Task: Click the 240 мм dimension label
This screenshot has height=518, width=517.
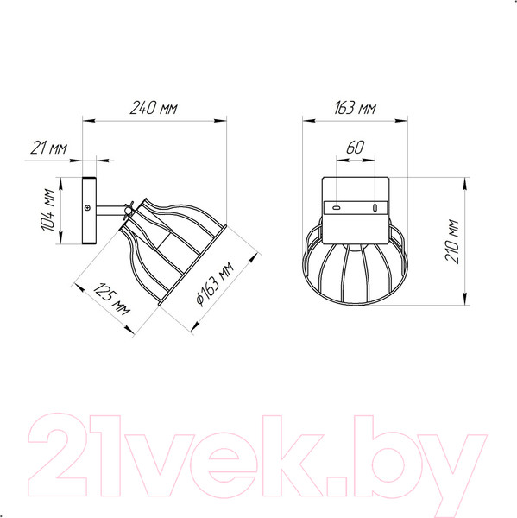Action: click(x=154, y=108)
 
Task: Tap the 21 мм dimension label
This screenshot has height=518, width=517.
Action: click(x=49, y=148)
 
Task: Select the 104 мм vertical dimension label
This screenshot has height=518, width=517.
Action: click(x=47, y=210)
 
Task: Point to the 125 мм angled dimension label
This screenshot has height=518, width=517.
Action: click(x=111, y=300)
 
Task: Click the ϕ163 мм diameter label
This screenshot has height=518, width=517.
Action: click(x=215, y=283)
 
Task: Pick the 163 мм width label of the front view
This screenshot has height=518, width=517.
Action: click(x=355, y=108)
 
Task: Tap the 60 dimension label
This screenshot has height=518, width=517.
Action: click(x=356, y=148)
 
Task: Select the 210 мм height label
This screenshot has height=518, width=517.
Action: click(x=452, y=241)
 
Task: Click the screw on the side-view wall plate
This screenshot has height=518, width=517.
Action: click(x=87, y=207)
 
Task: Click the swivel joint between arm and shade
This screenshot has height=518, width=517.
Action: click(x=129, y=211)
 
